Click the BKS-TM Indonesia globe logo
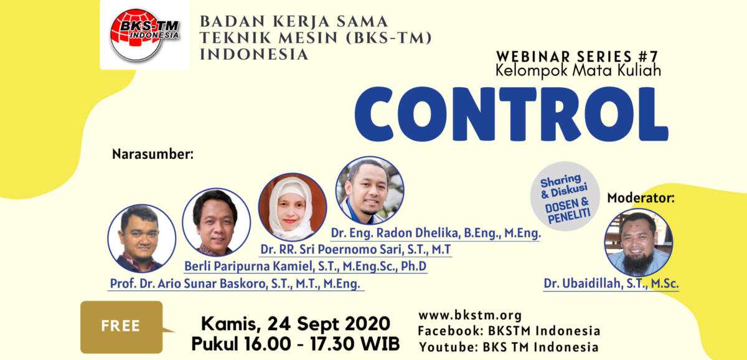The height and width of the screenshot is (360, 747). pos(144,35)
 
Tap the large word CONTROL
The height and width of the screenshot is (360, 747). pos(512,114)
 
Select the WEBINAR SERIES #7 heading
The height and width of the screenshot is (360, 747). pos(577,57)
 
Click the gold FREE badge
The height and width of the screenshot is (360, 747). pos(122,327)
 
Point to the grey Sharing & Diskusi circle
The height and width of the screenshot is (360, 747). pos(565,196)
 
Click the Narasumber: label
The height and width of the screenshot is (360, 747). pos(153,154)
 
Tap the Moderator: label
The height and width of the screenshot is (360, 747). pos(641,198)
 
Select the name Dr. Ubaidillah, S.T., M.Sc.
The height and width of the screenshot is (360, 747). pos(611,283)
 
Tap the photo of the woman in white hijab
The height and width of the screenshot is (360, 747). pos(293,207)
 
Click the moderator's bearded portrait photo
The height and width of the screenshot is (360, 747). pos(638,242)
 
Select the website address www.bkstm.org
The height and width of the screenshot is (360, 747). pos(470,315)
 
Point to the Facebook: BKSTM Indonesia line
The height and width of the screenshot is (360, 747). pos(509,331)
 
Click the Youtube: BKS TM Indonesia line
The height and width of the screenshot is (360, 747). pos(509,347)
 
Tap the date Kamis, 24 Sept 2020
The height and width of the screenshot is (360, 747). pos(296,324)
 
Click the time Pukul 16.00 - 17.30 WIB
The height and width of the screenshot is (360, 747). pos(296,344)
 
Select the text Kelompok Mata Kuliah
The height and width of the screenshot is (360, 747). pos(578,71)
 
